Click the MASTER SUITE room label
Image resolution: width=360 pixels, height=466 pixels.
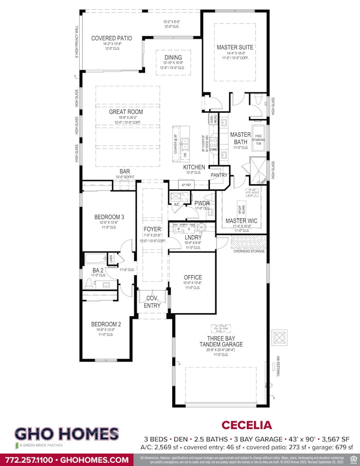(x=235, y=47)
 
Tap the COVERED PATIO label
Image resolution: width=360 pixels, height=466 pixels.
(x=112, y=38)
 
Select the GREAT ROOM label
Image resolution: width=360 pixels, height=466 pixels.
(x=125, y=112)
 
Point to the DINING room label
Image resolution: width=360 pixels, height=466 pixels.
(x=173, y=58)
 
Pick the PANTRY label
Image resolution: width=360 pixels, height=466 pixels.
(x=219, y=175)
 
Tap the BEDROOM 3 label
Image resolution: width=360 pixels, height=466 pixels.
(x=109, y=217)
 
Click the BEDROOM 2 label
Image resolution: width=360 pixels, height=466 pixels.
(x=106, y=324)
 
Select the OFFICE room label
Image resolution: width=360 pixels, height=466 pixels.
(x=193, y=277)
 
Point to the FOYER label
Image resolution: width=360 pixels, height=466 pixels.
(x=153, y=229)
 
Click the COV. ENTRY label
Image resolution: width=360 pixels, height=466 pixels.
(x=152, y=302)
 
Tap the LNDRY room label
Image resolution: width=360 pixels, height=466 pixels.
(x=193, y=237)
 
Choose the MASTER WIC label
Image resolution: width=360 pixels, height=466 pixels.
(x=241, y=221)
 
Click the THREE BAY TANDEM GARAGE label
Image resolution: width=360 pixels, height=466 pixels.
(x=221, y=341)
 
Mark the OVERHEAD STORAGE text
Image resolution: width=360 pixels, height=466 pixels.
(x=249, y=251)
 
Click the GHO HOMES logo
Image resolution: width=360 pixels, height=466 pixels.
(x=67, y=435)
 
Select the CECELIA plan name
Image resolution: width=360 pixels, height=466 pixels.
(x=246, y=425)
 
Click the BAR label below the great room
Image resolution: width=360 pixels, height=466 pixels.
(x=125, y=172)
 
